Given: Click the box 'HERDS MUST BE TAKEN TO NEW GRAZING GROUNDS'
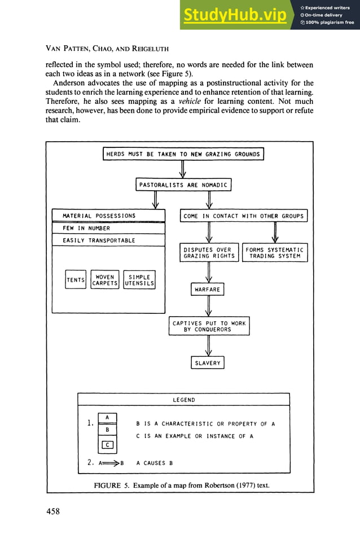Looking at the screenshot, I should pyautogui.click(x=183, y=154).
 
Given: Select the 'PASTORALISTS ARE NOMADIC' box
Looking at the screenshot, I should pyautogui.click(x=183, y=185).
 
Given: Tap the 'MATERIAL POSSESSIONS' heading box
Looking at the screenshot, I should pyautogui.click(x=108, y=216).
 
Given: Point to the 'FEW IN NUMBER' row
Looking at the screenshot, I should pyautogui.click(x=108, y=228).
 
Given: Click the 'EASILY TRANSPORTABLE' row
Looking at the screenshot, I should pyautogui.click(x=108, y=240).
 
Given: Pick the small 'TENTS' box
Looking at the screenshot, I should pyautogui.click(x=75, y=280).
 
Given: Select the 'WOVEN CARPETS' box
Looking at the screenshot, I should pyautogui.click(x=104, y=280).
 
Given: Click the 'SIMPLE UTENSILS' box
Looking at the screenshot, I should pyautogui.click(x=139, y=280).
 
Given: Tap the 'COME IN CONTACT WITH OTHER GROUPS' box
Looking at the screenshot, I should pyautogui.click(x=243, y=216).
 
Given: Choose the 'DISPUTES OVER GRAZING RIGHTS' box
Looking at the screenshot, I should pyautogui.click(x=209, y=253).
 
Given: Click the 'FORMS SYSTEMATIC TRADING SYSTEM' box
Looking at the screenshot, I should pyautogui.click(x=275, y=253).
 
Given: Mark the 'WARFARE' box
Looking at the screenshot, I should pyautogui.click(x=208, y=290).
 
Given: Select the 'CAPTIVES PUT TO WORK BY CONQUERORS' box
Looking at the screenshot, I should pyautogui.click(x=209, y=326).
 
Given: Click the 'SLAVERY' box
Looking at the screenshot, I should pyautogui.click(x=208, y=363).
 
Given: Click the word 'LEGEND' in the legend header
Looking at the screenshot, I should pyautogui.click(x=183, y=400).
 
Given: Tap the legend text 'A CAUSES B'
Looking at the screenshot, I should pyautogui.click(x=155, y=463).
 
